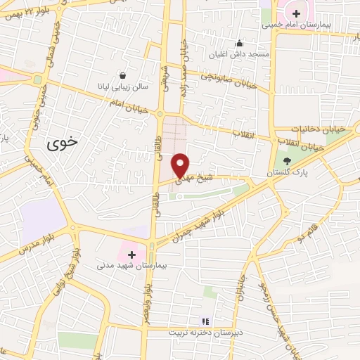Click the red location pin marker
click(180, 165)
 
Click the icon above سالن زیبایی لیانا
click(124, 75)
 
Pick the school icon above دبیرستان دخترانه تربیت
click(205, 320)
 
